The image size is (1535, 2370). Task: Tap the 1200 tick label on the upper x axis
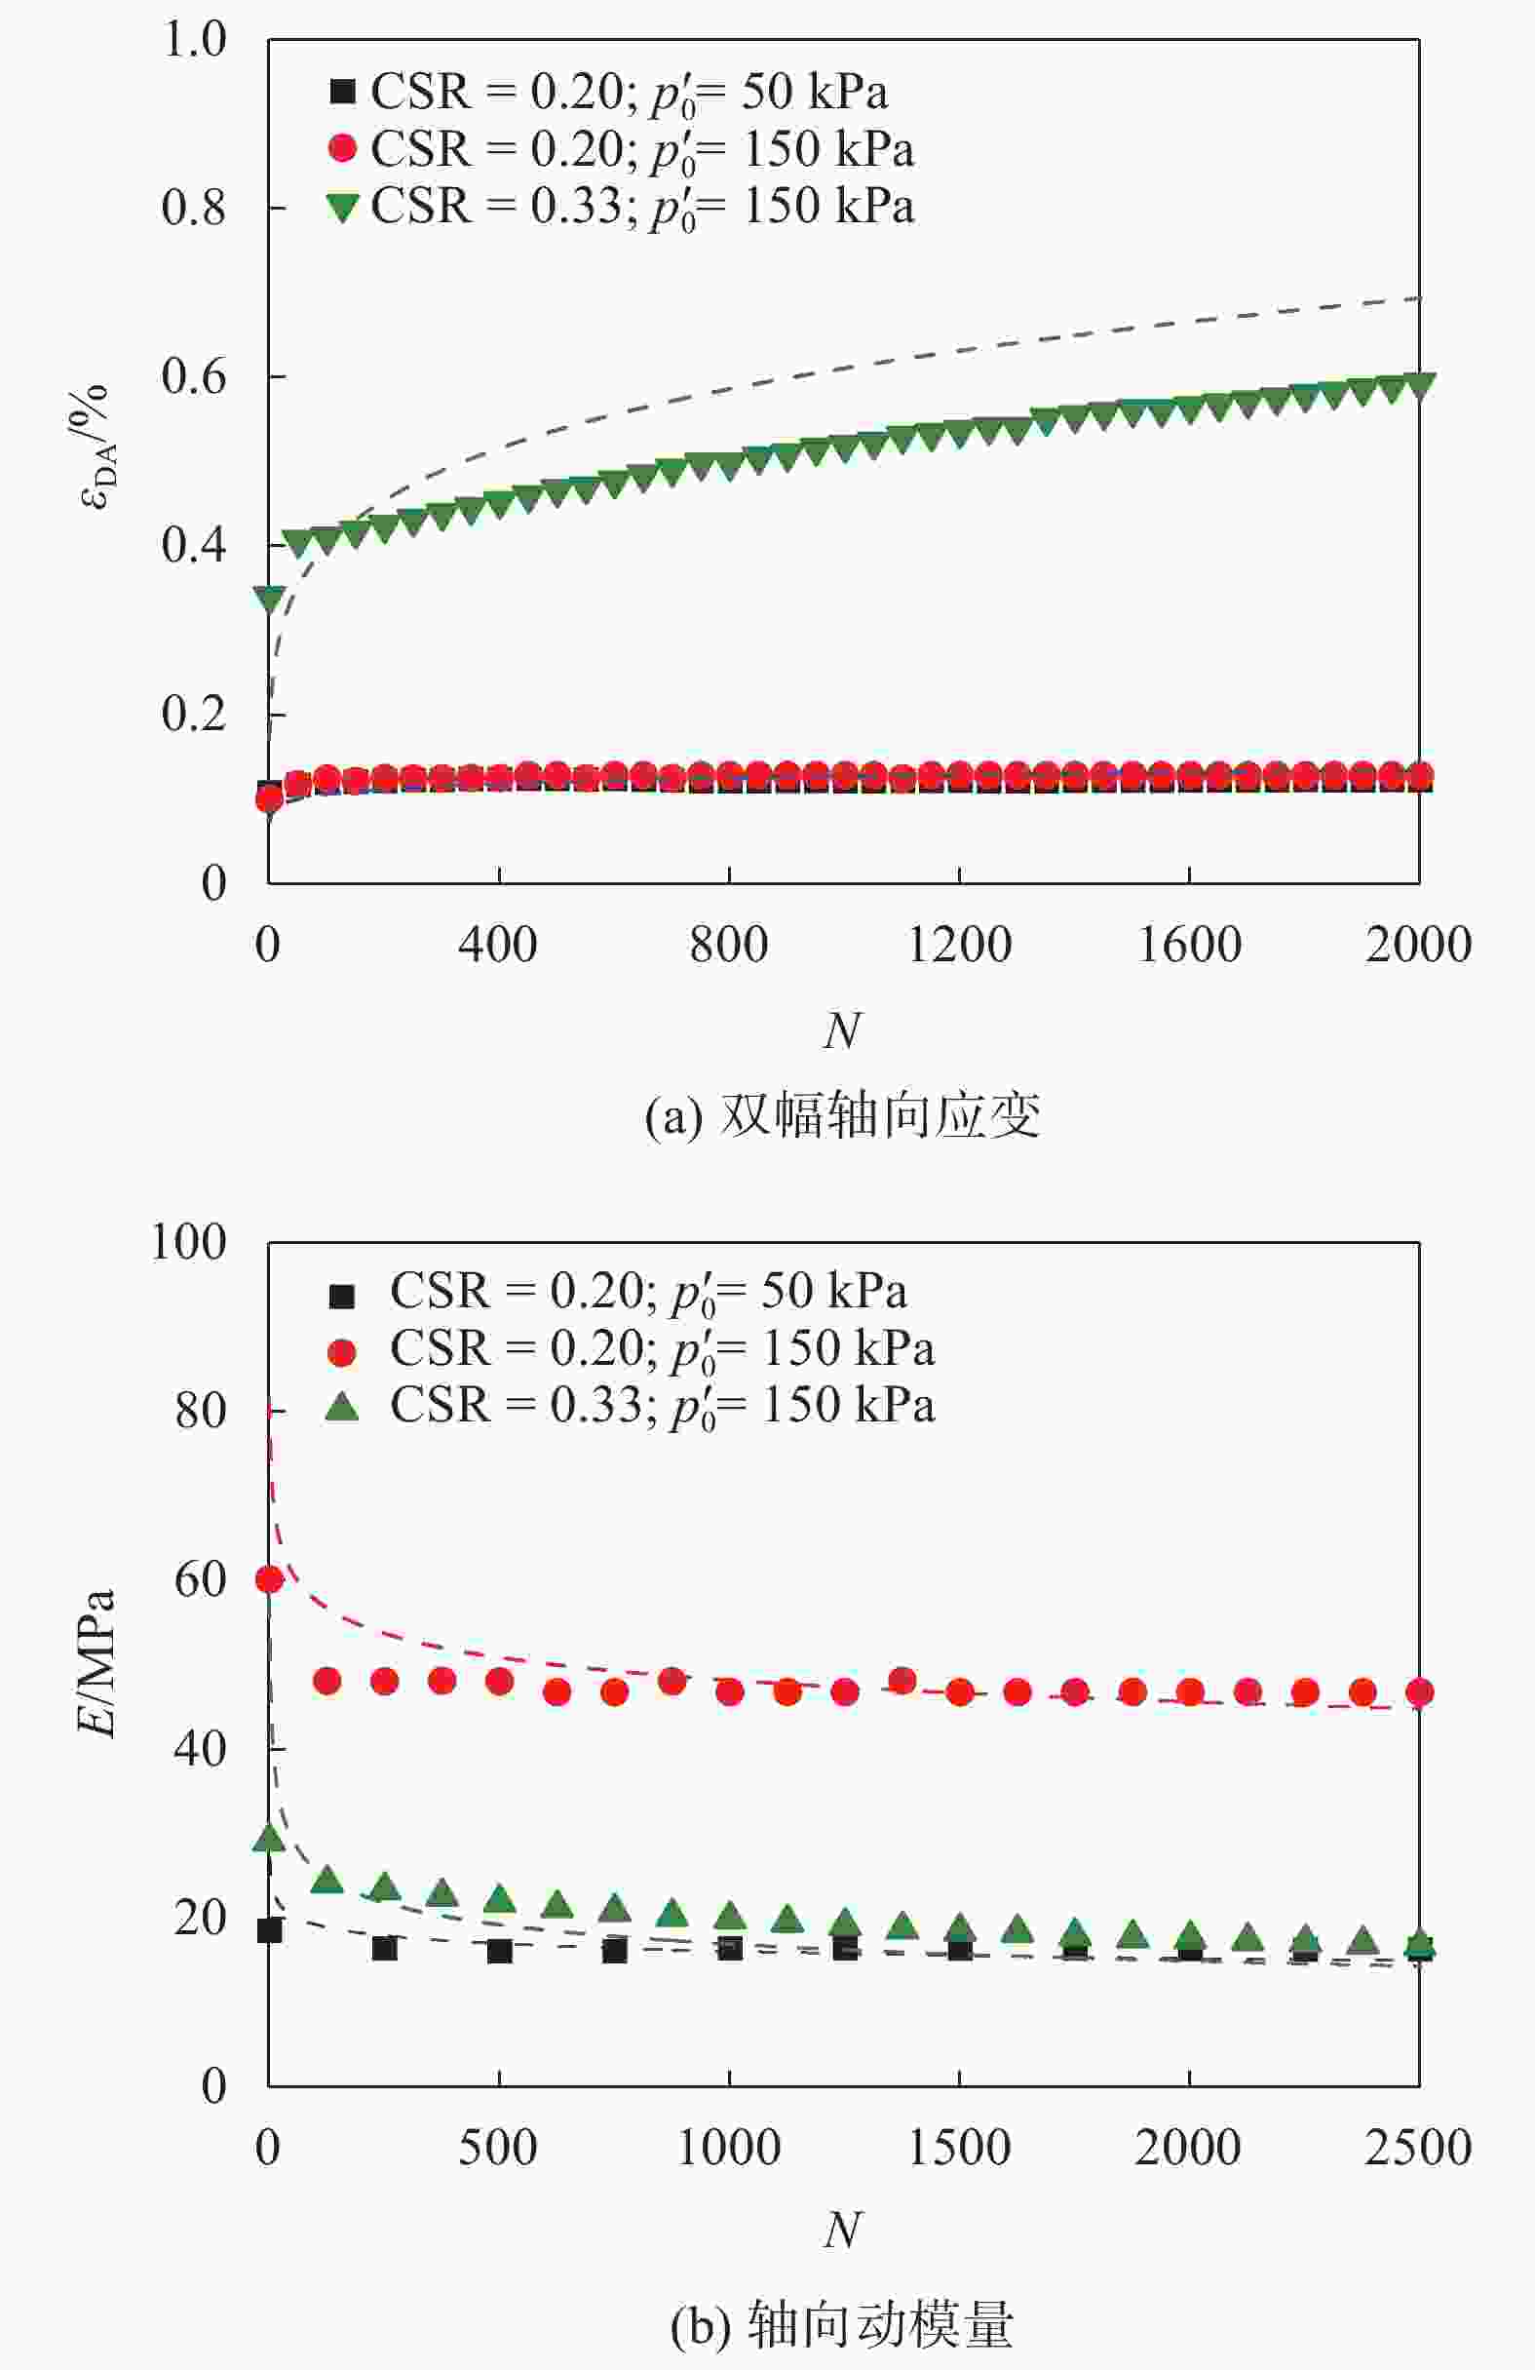pos(959,944)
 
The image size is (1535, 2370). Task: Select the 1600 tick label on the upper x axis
pos(1189,944)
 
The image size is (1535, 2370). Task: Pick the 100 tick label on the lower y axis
pos(188,1243)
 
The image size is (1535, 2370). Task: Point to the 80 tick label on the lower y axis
pos(199,1411)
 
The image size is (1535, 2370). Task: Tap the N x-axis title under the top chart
pos(842,1030)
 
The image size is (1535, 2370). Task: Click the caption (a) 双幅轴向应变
pos(842,1115)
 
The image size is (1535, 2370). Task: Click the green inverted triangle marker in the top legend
pos(342,208)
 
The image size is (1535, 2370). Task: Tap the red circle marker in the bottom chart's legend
pos(342,1351)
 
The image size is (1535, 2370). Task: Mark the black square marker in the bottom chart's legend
pos(342,1295)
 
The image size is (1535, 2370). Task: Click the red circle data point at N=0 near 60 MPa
pos(270,1579)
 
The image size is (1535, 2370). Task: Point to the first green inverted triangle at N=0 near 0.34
pos(270,599)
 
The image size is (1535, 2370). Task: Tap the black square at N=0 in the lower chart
pos(270,1930)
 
